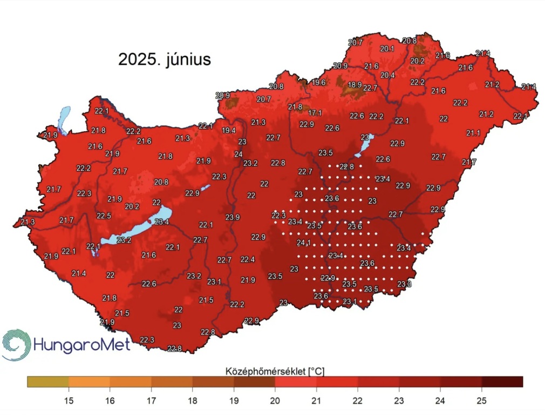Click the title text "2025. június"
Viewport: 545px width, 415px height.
coord(165,59)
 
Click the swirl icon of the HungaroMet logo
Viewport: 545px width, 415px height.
coord(16,344)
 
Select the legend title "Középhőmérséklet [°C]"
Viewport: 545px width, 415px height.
coord(274,371)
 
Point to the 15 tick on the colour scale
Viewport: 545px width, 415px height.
coord(69,400)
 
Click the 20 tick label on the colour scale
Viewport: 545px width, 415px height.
coord(275,400)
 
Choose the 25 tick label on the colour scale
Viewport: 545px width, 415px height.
coord(481,400)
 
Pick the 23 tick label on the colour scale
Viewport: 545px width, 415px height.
coord(399,400)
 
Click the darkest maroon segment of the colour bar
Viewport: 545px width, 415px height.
coord(502,382)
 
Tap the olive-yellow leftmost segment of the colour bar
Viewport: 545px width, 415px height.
coord(48,382)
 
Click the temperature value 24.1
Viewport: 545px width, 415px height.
coord(304,243)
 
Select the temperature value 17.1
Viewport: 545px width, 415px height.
coord(315,113)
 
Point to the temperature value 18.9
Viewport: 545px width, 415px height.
coord(355,85)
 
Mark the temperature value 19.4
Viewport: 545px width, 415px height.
coord(228,130)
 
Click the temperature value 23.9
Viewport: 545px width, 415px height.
coord(233,217)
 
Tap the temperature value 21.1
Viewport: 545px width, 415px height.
coord(473,133)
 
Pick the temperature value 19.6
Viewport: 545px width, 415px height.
coord(318,82)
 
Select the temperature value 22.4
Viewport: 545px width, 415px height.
coord(248,259)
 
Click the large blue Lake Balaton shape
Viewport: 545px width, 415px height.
coord(135,231)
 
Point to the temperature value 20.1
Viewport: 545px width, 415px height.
coord(387,49)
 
